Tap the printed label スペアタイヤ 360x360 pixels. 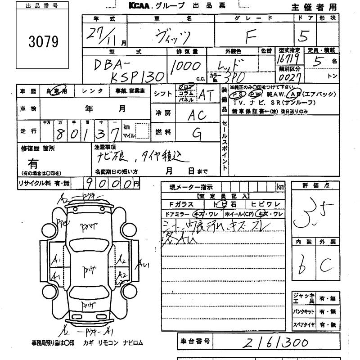303,324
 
